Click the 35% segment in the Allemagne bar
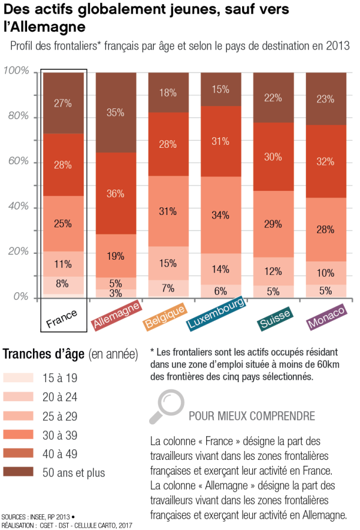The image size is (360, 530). (x=116, y=112)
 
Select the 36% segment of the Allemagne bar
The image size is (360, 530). (x=116, y=193)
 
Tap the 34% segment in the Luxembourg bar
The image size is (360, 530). (x=220, y=215)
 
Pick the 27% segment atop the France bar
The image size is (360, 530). (x=63, y=103)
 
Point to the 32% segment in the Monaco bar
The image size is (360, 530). (x=325, y=161)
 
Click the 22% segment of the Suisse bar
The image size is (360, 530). (x=273, y=98)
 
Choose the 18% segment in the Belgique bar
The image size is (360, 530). (x=168, y=92)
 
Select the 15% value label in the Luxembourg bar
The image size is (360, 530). (x=220, y=90)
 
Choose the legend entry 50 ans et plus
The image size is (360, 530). (x=74, y=472)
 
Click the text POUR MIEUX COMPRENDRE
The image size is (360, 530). (x=252, y=416)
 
